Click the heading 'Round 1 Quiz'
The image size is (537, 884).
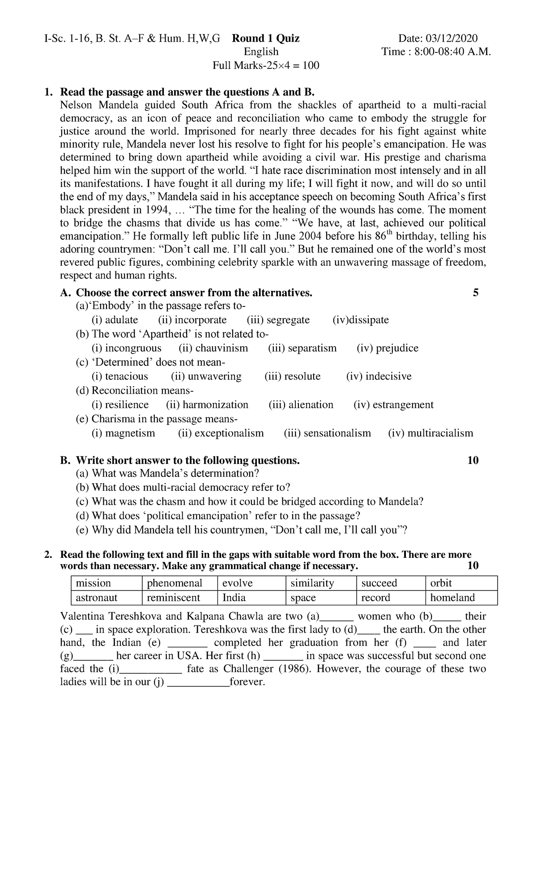point(265,38)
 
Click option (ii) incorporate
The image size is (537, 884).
point(192,320)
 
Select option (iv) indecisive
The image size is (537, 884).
point(379,376)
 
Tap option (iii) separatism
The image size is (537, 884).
point(302,348)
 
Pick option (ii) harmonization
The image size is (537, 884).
point(207,405)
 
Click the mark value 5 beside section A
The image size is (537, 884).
point(475,293)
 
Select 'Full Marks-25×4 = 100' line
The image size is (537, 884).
point(266,66)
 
